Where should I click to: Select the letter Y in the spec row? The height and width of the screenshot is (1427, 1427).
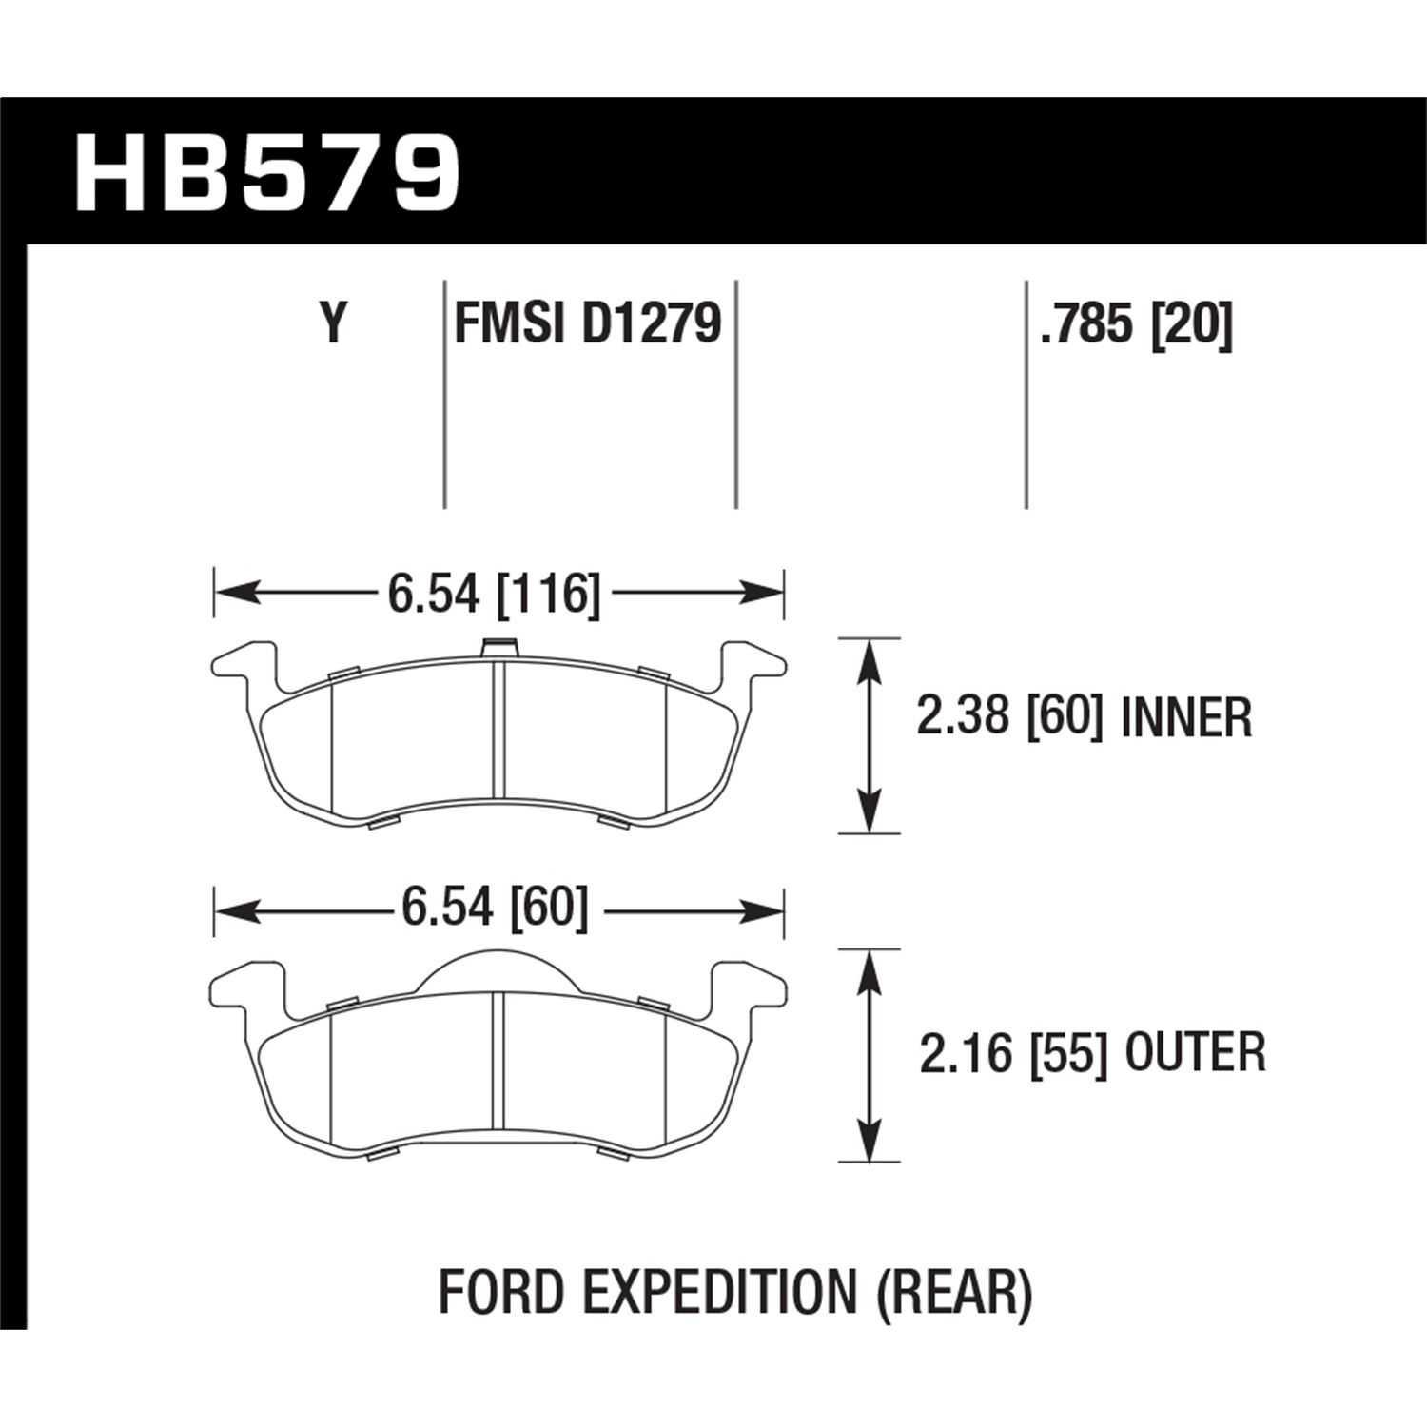click(332, 323)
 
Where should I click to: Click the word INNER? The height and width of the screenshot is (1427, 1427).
click(1186, 719)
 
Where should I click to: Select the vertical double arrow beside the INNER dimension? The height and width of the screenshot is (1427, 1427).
click(867, 735)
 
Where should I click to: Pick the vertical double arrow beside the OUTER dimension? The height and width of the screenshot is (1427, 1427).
click(867, 1055)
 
